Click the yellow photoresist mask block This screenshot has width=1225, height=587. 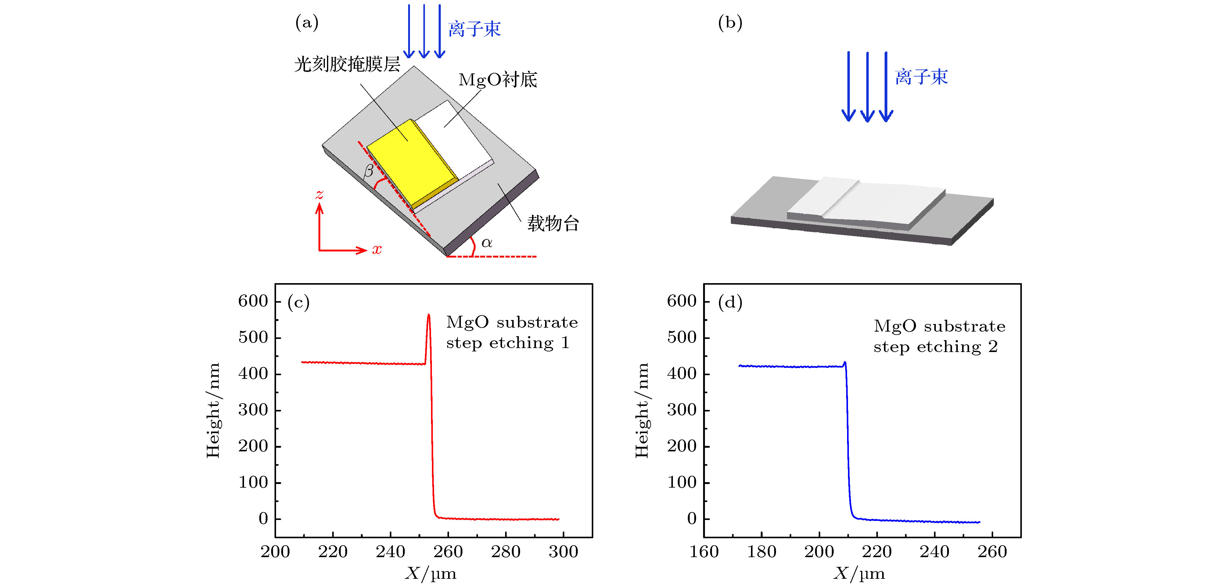[409, 162]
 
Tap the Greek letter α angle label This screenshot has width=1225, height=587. [487, 243]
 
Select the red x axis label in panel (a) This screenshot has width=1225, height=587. [377, 250]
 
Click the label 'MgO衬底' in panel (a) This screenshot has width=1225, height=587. [498, 80]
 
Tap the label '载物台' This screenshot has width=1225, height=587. [553, 223]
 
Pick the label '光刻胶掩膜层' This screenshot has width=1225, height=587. [347, 64]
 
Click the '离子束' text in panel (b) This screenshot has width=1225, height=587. [921, 77]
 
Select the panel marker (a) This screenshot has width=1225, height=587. [307, 22]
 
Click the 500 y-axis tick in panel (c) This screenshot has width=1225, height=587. [253, 337]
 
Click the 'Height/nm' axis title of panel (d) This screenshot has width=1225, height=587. [642, 410]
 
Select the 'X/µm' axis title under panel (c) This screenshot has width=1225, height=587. [431, 574]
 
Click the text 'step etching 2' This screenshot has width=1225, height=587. [936, 347]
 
